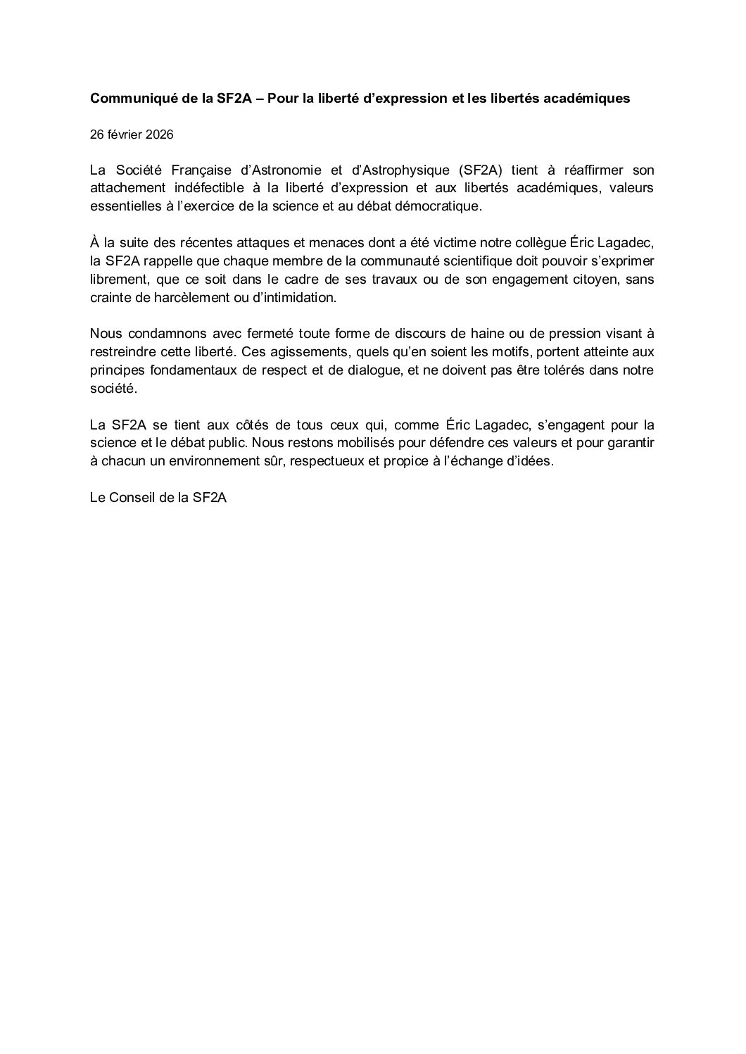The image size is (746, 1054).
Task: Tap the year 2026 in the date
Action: click(x=160, y=134)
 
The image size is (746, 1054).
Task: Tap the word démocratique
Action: click(x=434, y=206)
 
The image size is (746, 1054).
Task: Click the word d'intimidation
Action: click(x=291, y=298)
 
